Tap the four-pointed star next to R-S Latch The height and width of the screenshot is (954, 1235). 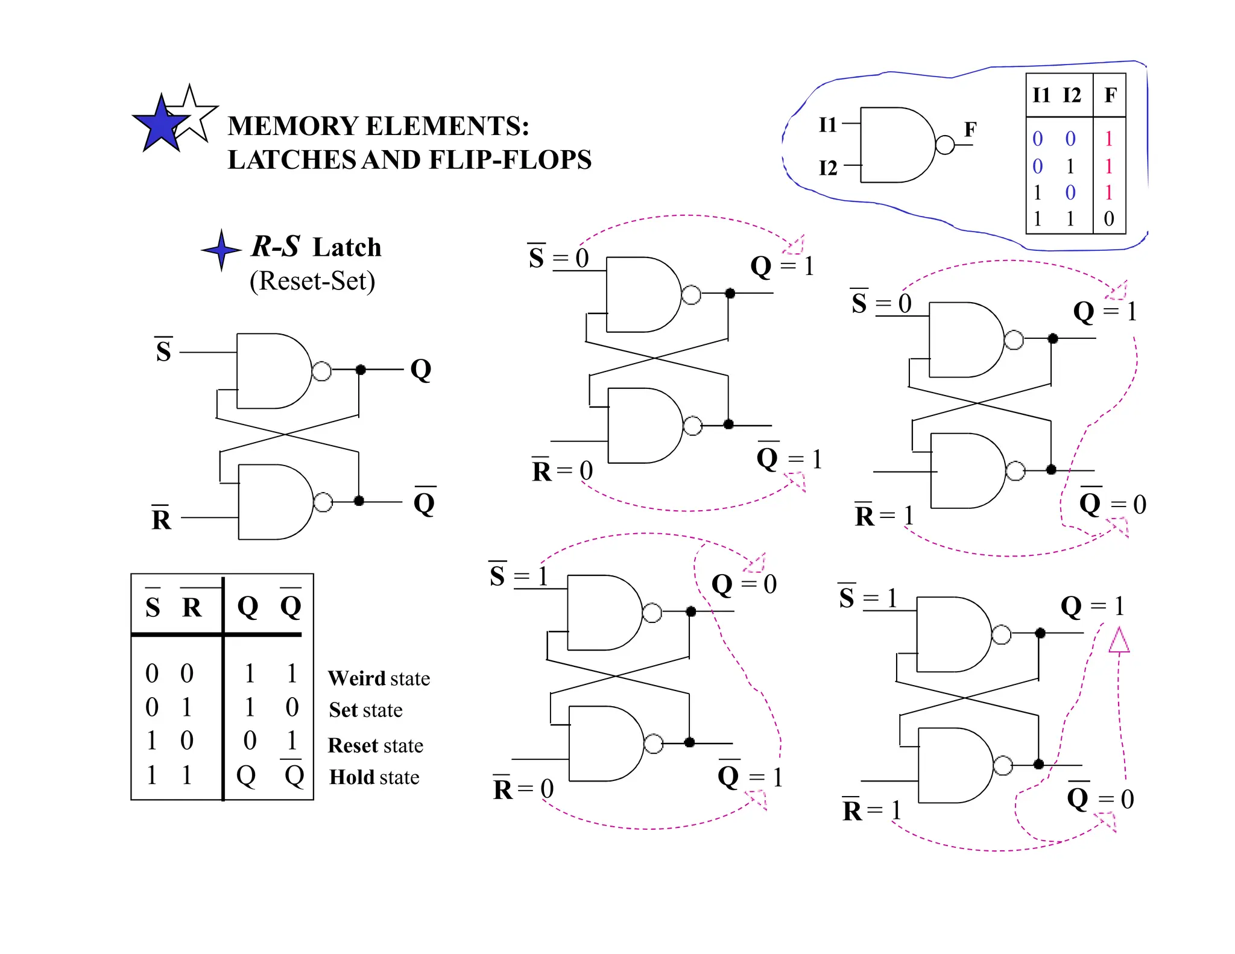221,250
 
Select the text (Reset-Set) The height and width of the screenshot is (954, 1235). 312,281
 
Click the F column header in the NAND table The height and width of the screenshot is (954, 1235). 1110,95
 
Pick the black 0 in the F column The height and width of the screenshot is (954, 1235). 1109,218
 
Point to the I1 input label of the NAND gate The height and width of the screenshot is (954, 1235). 828,125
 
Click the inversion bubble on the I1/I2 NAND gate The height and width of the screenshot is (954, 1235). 945,145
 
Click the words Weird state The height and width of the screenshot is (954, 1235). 379,678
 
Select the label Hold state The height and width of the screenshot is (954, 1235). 374,777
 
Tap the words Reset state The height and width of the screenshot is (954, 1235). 375,745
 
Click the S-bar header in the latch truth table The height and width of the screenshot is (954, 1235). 153,606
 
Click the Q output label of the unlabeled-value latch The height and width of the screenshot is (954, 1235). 421,369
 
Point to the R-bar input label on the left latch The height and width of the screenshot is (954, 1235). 161,519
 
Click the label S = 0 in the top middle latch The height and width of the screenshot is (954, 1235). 558,258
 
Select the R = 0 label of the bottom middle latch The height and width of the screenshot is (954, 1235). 523,789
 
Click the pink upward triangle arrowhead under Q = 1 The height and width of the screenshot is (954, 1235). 1119,640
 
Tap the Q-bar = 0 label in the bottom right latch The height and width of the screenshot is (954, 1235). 1100,798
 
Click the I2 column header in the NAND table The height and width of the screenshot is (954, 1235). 1072,95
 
